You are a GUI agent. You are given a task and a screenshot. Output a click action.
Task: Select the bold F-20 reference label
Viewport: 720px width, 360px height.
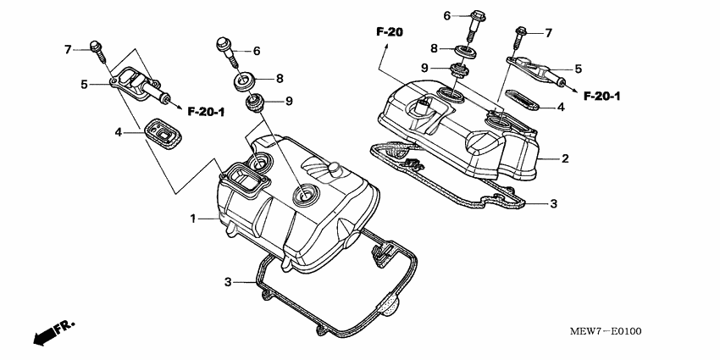390,32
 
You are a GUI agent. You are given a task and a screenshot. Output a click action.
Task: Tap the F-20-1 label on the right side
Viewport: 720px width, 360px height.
603,96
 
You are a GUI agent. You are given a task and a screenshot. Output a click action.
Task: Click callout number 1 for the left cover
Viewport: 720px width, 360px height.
193,219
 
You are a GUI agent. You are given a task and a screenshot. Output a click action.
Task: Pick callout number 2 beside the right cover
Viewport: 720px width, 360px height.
565,158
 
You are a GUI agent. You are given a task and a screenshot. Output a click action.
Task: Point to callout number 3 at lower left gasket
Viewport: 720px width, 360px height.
228,281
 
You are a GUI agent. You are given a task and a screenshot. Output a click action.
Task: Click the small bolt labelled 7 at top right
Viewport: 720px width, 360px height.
522,33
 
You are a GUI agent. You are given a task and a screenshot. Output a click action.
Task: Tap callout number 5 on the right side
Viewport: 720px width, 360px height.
579,69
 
